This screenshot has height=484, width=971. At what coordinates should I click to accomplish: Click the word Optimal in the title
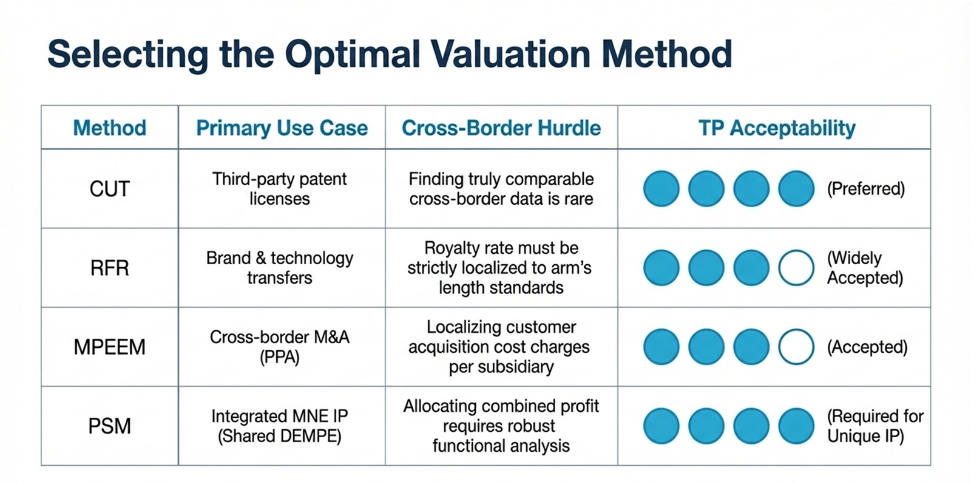click(352, 54)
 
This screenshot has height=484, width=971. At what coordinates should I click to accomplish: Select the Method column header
click(109, 128)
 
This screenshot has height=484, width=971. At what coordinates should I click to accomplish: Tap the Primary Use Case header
click(282, 128)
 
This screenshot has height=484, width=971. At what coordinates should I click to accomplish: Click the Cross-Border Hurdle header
click(501, 128)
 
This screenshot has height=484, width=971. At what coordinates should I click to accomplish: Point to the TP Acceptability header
click(777, 128)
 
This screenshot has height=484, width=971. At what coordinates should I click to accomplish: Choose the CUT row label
click(109, 189)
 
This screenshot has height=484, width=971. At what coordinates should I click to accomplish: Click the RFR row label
click(109, 268)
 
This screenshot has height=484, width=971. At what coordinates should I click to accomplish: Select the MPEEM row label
click(109, 347)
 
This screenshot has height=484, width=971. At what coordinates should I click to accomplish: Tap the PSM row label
click(109, 426)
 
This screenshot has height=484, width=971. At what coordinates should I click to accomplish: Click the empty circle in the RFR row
click(796, 268)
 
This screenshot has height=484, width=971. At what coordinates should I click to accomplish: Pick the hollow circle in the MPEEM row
click(796, 347)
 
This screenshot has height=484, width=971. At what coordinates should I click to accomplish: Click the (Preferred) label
click(865, 189)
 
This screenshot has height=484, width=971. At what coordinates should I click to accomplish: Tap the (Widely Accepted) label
click(865, 268)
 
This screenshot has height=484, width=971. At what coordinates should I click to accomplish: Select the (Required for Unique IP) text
click(875, 426)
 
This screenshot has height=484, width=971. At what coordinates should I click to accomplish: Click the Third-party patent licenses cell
click(280, 189)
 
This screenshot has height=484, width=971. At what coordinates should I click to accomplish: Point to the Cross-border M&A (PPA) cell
click(280, 347)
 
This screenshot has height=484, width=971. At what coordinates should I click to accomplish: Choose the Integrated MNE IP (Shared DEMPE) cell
click(280, 426)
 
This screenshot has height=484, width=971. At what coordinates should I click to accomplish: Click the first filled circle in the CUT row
click(661, 189)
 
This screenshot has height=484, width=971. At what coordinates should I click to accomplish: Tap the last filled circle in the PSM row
click(796, 426)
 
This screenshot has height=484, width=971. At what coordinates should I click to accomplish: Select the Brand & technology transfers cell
click(280, 268)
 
